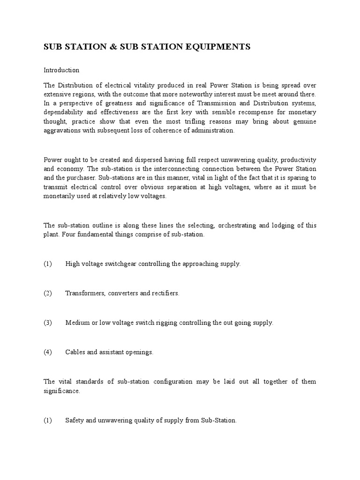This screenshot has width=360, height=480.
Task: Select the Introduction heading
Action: click(61, 70)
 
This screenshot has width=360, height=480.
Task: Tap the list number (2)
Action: click(48, 293)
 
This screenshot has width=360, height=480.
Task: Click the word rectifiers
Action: click(165, 293)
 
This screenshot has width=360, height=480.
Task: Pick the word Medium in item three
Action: click(76, 322)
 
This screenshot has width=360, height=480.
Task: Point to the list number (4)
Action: click(48, 352)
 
